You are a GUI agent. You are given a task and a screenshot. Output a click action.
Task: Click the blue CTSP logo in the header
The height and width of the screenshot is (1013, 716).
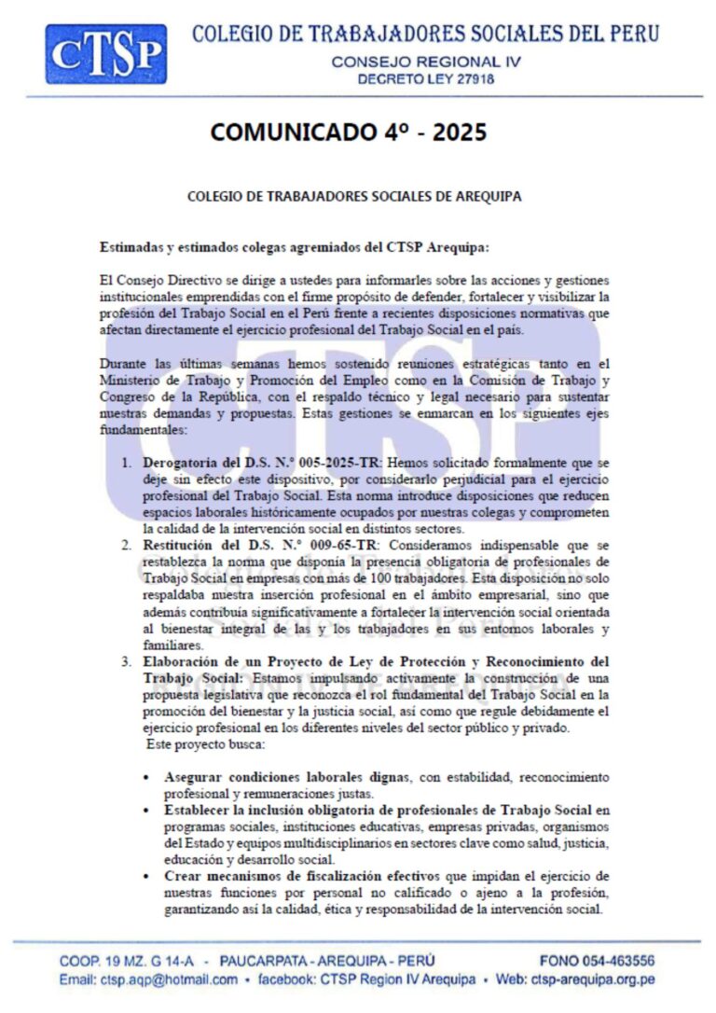point(106,54)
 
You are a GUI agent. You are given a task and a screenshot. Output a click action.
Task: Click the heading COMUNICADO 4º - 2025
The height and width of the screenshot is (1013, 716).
point(349,132)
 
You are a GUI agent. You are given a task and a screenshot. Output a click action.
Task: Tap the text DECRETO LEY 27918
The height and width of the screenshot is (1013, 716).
point(425,79)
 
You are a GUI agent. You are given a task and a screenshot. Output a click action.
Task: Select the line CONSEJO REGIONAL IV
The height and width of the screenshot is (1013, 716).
point(425,62)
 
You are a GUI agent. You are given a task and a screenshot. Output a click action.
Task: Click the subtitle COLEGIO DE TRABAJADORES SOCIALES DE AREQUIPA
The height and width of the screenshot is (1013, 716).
point(354,197)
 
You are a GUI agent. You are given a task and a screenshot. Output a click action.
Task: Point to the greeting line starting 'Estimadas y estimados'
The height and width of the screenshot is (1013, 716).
point(294,247)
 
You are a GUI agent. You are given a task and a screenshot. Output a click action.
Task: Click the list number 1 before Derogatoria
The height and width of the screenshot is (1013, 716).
point(127,463)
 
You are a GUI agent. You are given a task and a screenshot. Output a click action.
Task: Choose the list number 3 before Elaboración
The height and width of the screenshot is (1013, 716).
point(127,661)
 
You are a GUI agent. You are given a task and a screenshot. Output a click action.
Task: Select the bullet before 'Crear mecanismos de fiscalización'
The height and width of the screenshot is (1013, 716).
point(147,877)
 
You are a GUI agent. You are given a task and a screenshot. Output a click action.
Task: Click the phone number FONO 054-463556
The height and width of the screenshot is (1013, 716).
point(597,961)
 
